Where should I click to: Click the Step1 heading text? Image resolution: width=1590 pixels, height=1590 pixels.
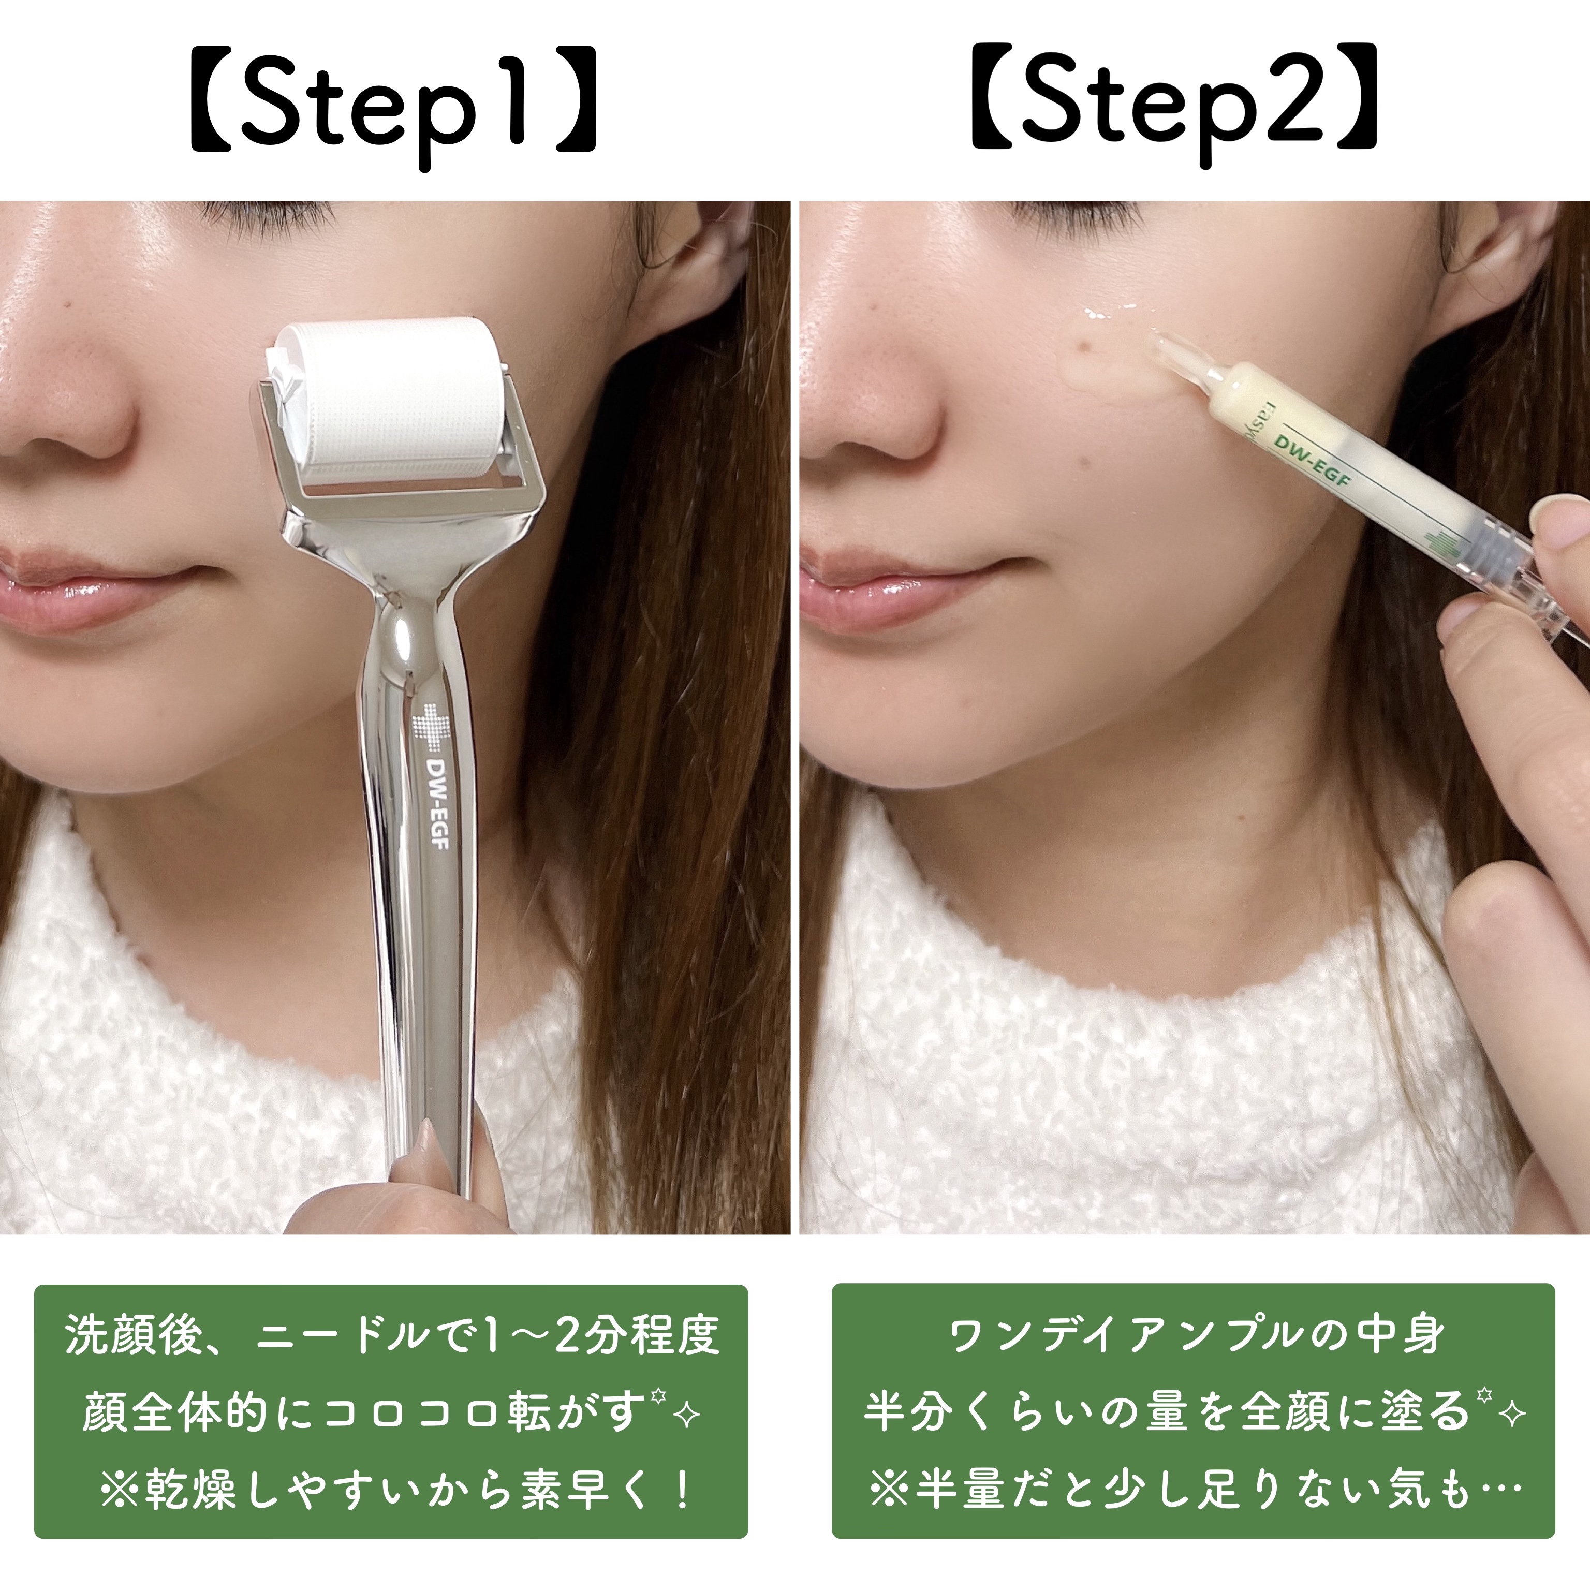(x=393, y=107)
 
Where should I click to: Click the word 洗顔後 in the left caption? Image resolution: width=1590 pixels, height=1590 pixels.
(x=134, y=1334)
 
